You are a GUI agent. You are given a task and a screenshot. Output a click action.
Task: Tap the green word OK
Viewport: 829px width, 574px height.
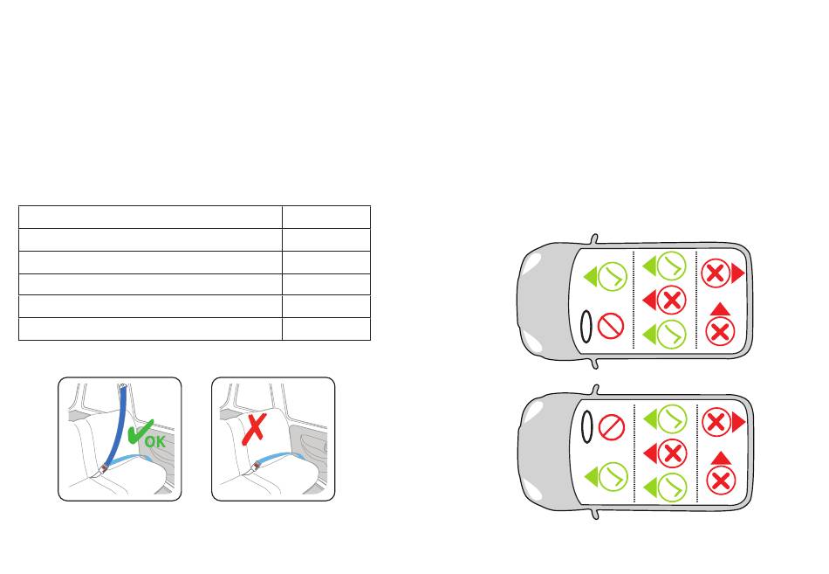[154, 441]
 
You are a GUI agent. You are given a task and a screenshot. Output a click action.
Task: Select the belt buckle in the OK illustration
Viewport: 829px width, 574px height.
[102, 471]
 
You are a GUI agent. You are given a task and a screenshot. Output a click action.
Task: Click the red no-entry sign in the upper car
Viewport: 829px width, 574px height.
[610, 327]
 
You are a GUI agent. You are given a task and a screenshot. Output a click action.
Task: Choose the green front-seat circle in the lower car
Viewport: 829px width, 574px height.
[612, 476]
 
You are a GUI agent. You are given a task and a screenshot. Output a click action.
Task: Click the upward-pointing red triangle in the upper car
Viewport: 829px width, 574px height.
[719, 308]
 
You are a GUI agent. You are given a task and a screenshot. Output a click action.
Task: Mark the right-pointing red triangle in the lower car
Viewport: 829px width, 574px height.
[738, 423]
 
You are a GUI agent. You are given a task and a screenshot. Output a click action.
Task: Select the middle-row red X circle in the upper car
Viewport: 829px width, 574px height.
[671, 301]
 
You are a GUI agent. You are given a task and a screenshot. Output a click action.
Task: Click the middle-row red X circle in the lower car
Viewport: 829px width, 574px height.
[671, 453]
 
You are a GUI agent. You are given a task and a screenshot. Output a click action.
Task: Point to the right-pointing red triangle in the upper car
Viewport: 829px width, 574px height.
[738, 273]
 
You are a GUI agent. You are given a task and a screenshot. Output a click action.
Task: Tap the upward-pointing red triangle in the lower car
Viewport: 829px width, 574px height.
[719, 458]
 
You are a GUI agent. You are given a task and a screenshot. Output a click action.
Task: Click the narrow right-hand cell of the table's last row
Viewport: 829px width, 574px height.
[325, 328]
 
